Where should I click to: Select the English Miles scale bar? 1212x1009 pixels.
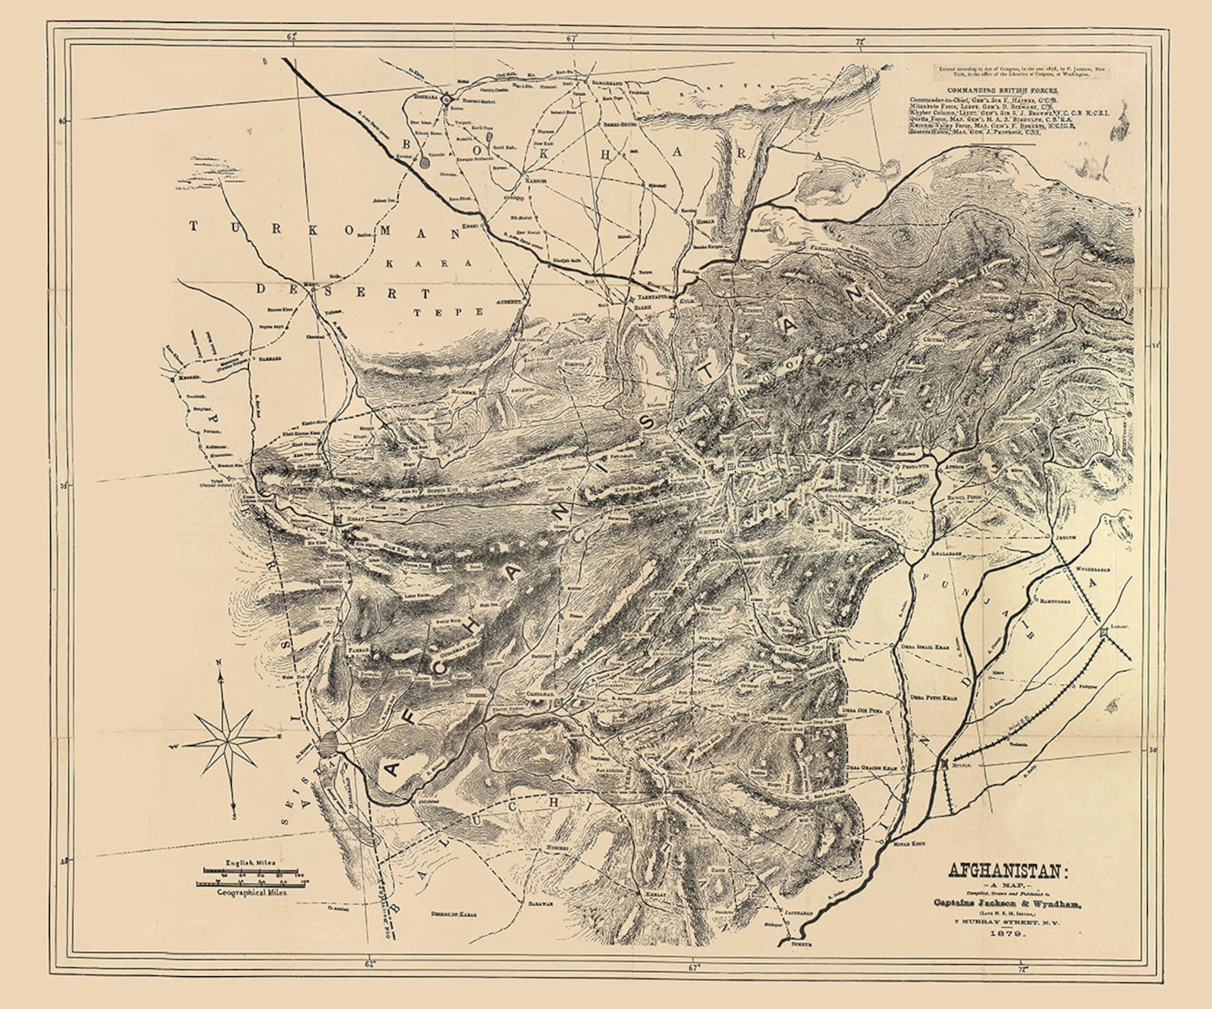coord(252,869)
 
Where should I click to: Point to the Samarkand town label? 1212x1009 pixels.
coord(608,81)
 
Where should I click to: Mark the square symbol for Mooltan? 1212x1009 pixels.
coord(946,763)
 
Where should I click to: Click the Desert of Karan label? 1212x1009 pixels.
coord(453,913)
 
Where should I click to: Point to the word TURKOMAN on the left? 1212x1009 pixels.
coord(324,228)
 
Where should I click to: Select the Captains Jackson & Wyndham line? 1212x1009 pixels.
coord(1005,903)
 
